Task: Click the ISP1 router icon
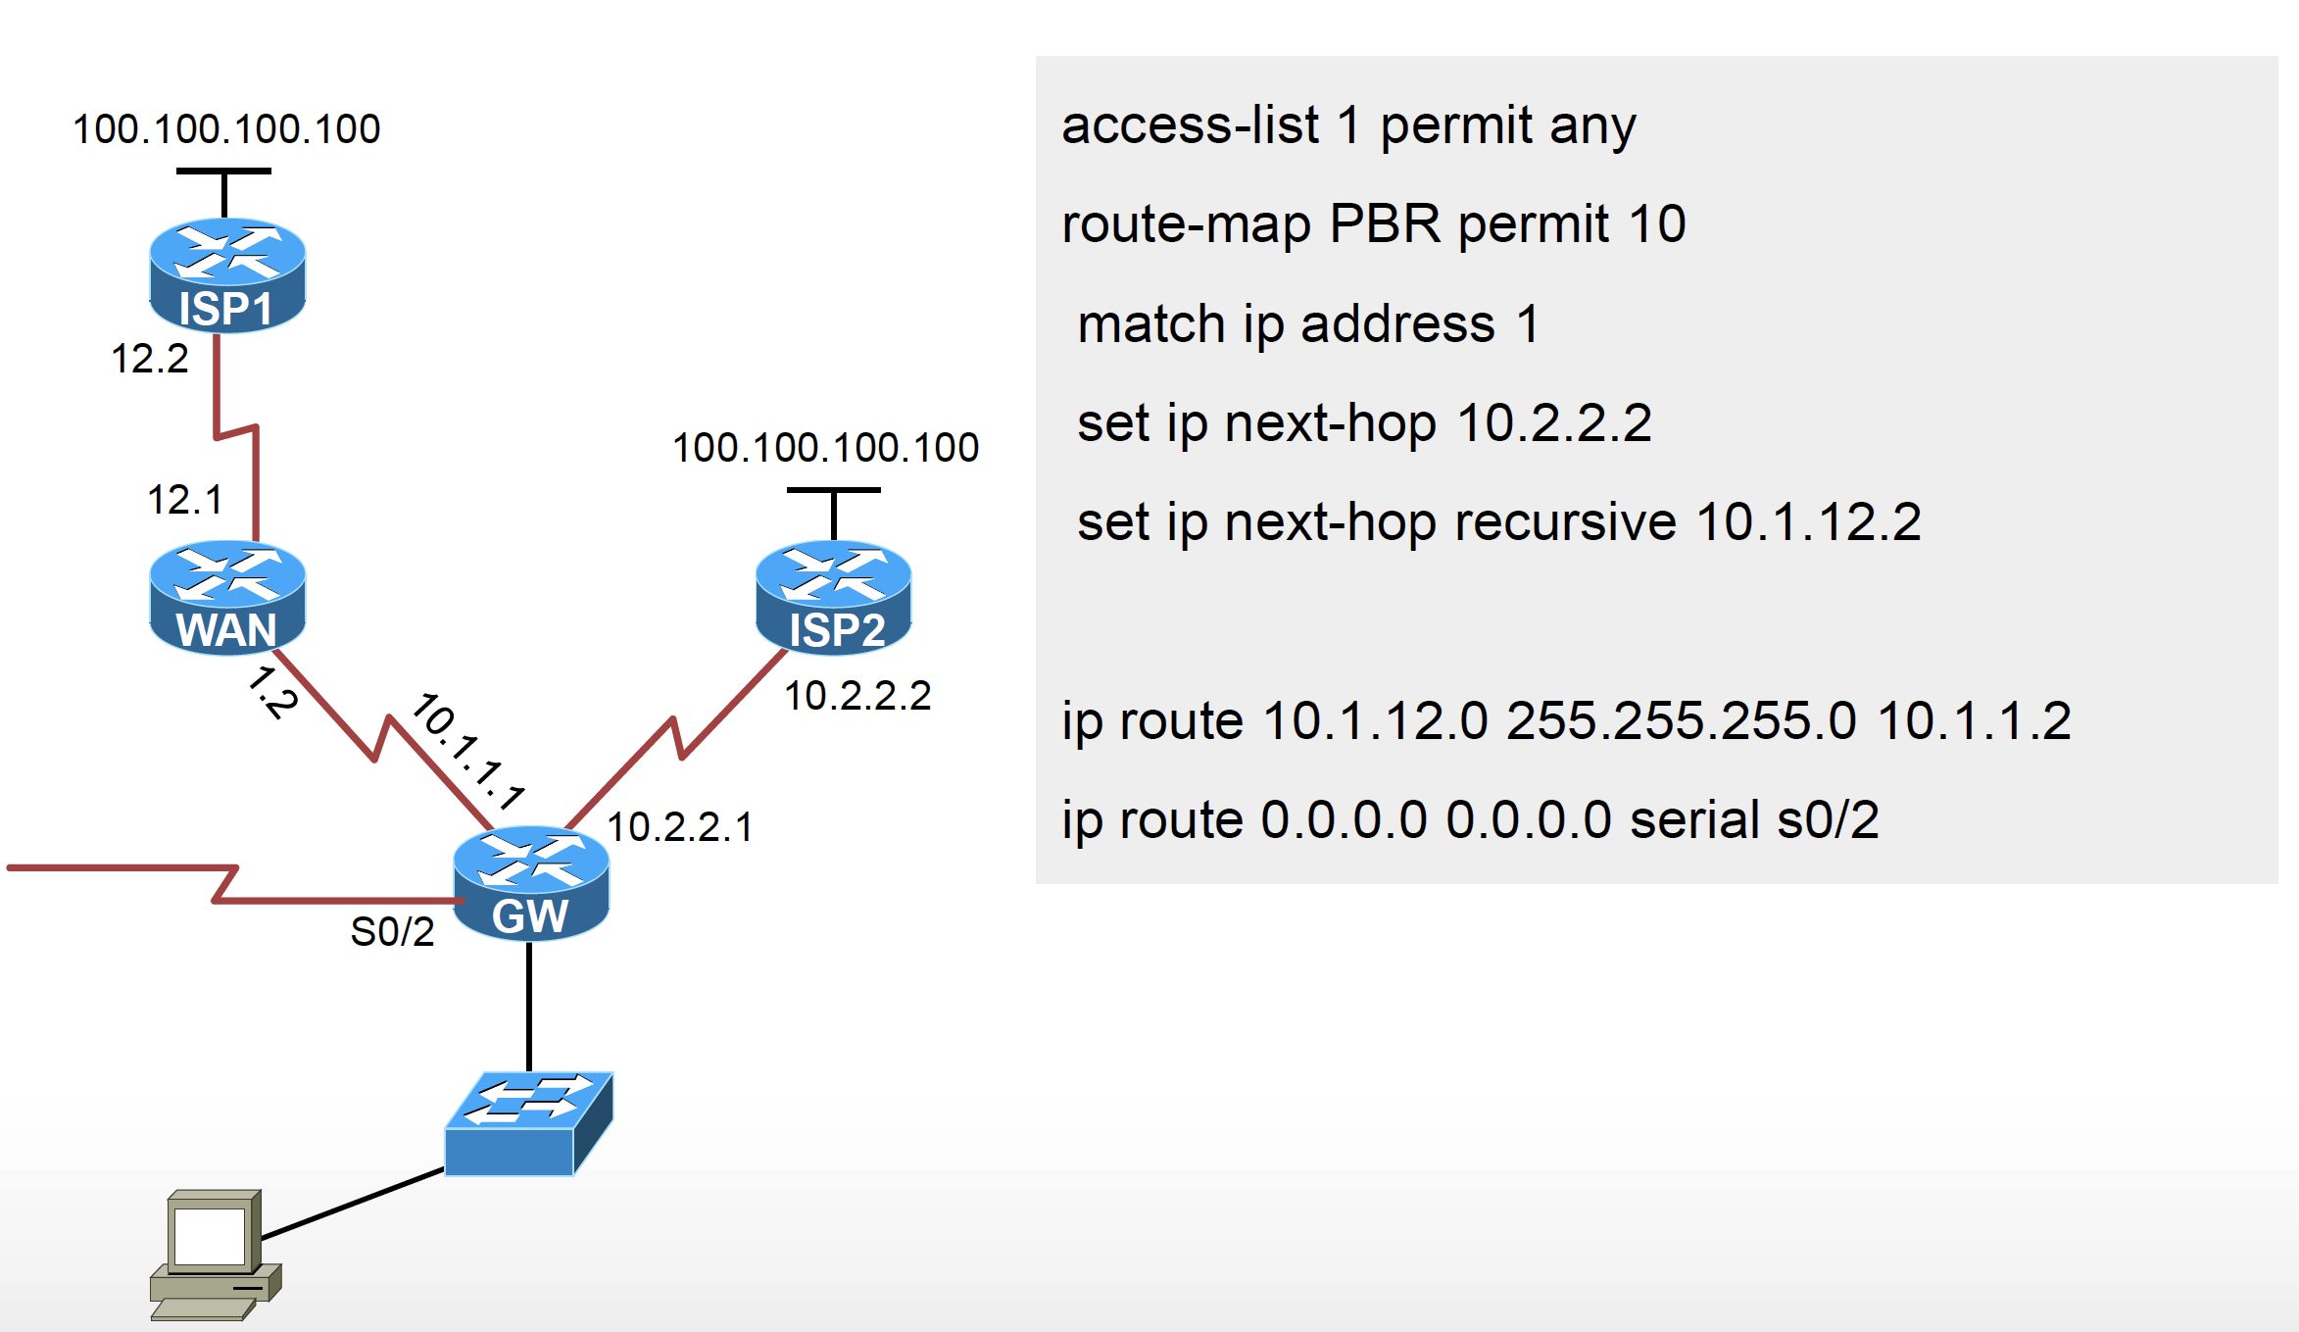[x=227, y=275]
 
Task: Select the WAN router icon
[x=227, y=597]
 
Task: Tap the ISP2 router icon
[x=834, y=597]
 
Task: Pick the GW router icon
[x=531, y=883]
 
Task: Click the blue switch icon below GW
[x=529, y=1123]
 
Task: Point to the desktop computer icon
[x=216, y=1255]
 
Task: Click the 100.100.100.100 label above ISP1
[x=226, y=129]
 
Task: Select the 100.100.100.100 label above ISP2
[x=826, y=448]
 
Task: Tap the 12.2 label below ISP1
[x=149, y=359]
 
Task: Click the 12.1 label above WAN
[x=184, y=500]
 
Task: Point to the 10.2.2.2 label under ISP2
[x=857, y=696]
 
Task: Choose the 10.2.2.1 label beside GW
[x=680, y=827]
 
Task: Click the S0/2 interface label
[x=392, y=932]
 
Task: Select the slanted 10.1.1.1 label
[x=468, y=752]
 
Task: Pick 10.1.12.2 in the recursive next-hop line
[x=1808, y=521]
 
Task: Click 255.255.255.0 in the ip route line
[x=1682, y=721]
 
